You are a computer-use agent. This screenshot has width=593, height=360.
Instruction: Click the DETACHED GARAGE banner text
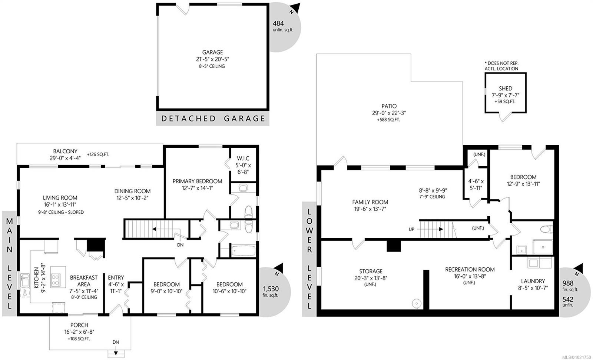click(213, 119)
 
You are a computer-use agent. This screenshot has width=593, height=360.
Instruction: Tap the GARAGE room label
click(213, 53)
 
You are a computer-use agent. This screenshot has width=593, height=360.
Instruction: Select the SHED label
click(506, 89)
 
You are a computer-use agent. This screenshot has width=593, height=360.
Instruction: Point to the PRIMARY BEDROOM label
click(197, 181)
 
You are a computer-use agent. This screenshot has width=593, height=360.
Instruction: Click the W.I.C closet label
click(244, 158)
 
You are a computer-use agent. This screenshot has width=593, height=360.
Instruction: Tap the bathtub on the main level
click(243, 250)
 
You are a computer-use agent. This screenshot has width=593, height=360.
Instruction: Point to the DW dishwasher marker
click(25, 293)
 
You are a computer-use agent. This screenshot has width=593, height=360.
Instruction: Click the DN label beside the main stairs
click(180, 245)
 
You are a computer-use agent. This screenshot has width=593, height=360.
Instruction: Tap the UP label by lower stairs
click(411, 229)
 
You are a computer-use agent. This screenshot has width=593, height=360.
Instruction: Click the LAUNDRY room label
click(533, 281)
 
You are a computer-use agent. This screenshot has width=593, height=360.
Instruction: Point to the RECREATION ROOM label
click(470, 269)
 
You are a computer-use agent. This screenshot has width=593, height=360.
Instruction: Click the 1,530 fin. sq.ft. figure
click(271, 289)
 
